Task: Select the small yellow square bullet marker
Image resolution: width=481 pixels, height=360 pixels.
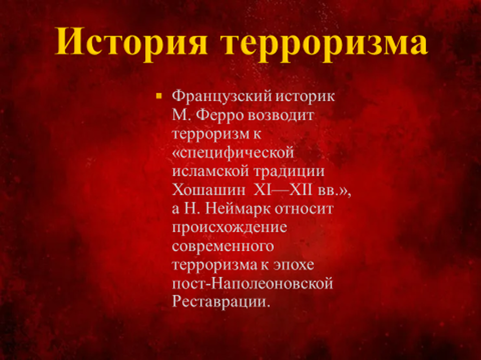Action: click(x=159, y=97)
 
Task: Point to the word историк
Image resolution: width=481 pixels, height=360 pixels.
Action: click(x=305, y=97)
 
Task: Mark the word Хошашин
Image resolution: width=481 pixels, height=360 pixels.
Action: click(x=209, y=190)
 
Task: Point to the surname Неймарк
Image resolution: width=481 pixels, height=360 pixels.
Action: click(x=238, y=209)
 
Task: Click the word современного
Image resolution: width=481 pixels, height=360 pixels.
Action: click(x=223, y=247)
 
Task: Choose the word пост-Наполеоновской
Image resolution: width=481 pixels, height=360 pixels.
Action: click(x=252, y=283)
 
